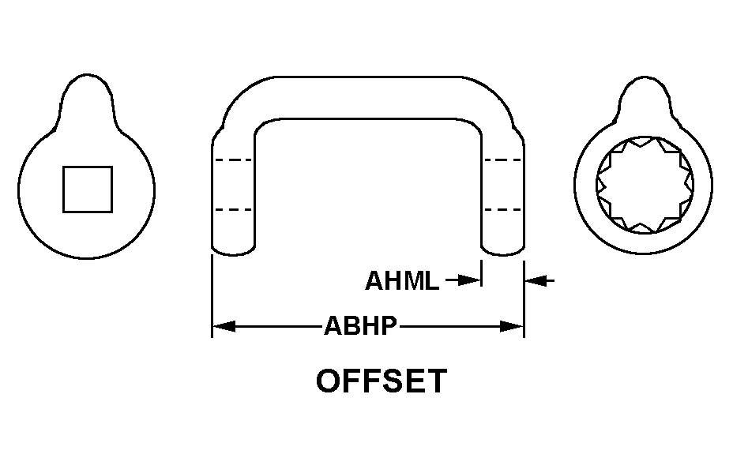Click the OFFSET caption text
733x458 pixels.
pos(382,381)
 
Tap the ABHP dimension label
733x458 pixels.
pos(360,326)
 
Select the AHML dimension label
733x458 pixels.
pos(402,281)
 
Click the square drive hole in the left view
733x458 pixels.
pos(88,190)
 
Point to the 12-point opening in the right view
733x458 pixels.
pos(645,185)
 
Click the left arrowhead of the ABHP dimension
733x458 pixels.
pos(224,326)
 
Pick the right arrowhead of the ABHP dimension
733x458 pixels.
pos(511,326)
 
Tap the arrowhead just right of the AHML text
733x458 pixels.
pos(469,280)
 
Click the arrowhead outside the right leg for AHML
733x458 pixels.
pos(536,281)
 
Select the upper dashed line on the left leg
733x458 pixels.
pos(233,160)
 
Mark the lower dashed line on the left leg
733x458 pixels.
pos(233,209)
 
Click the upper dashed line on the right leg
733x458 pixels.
pos(502,160)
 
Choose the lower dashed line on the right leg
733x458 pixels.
pos(502,209)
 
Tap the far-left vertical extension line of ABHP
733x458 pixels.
pos(212,296)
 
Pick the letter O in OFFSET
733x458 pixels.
pos(328,381)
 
